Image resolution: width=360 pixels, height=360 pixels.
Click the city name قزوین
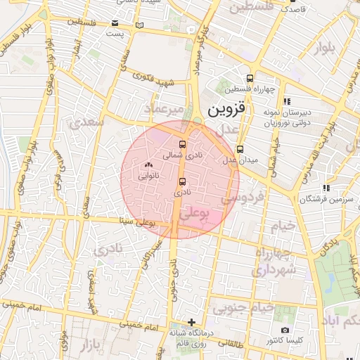coord(229,110)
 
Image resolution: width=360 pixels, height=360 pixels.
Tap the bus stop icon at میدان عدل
coord(240,149)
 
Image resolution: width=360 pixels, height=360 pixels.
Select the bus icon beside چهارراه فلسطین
coord(249,78)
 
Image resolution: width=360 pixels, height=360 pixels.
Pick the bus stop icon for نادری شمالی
coord(183,144)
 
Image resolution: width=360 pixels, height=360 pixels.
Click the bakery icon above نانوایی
coord(148,165)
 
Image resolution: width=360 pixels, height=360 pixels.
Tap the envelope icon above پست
coord(115,22)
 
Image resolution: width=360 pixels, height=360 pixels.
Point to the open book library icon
coord(139,26)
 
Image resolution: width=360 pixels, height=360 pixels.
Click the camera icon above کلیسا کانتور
coord(285,330)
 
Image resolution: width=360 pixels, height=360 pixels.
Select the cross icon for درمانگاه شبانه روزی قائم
coord(191,322)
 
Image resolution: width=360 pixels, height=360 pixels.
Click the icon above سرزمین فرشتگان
coord(326,188)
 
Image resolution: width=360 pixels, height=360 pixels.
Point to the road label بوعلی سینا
coord(138,223)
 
